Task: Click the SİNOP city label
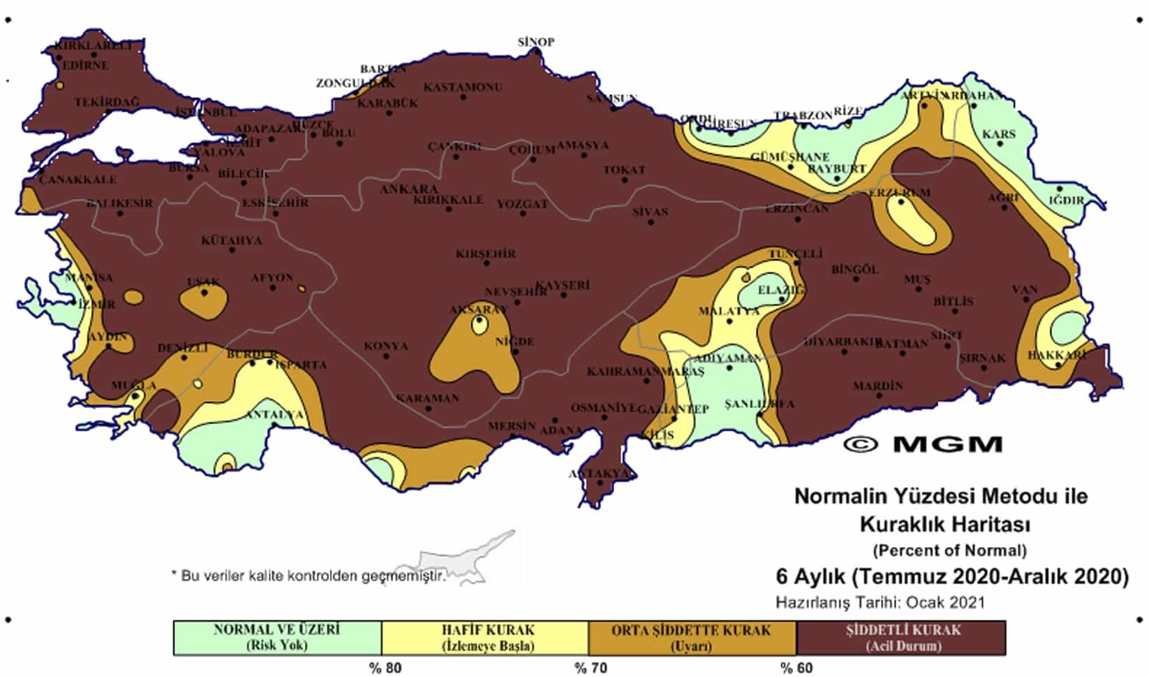[536, 42]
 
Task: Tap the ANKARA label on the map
[409, 189]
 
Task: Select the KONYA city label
[385, 346]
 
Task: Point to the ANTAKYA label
[599, 474]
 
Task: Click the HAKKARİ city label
[1057, 355]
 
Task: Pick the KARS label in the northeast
[999, 134]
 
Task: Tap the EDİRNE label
[86, 66]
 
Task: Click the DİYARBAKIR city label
[843, 342]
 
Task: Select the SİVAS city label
[650, 212]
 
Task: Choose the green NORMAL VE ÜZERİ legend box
[277, 637]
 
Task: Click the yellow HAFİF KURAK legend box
[485, 637]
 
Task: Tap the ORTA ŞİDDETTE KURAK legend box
[692, 637]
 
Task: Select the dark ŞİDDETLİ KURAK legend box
[901, 637]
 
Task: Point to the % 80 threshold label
[385, 668]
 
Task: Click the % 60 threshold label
[796, 668]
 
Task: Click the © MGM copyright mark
[923, 444]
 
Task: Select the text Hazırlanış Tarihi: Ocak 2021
[880, 602]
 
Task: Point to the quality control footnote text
[308, 576]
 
